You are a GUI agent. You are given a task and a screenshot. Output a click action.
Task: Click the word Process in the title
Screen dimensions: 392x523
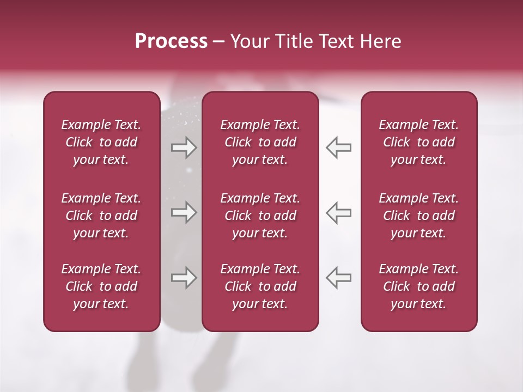[171, 41]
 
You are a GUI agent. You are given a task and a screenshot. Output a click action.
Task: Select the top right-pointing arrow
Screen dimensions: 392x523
[184, 148]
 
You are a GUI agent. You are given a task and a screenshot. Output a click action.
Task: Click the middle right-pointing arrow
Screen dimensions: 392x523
[184, 212]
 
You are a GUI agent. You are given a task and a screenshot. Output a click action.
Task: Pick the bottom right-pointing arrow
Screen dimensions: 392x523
[184, 278]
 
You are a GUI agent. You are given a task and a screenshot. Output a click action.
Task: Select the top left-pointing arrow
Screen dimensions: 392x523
[339, 148]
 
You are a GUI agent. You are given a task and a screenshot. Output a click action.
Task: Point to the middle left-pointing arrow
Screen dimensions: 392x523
[339, 212]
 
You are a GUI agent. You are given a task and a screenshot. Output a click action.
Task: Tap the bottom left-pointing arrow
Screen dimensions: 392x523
[339, 278]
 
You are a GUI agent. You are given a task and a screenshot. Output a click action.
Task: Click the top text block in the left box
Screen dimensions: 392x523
[101, 142]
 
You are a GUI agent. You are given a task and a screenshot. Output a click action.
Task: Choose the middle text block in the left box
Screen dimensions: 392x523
[101, 216]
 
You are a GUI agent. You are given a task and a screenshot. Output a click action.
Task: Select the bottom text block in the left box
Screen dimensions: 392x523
[101, 286]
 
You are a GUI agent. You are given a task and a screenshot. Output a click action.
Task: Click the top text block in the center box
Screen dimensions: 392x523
[260, 142]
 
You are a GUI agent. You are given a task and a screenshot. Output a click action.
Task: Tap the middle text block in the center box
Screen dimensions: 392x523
[260, 216]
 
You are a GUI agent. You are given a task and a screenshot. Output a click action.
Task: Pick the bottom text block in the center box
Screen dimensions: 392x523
[260, 286]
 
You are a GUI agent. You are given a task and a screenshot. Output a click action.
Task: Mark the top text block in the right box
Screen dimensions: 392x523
[418, 142]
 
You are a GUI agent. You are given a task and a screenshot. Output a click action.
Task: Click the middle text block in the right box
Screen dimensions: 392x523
[418, 216]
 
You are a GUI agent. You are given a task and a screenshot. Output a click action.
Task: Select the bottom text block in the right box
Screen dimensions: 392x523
[418, 286]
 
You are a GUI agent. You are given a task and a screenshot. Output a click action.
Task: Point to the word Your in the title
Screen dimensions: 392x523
[249, 41]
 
